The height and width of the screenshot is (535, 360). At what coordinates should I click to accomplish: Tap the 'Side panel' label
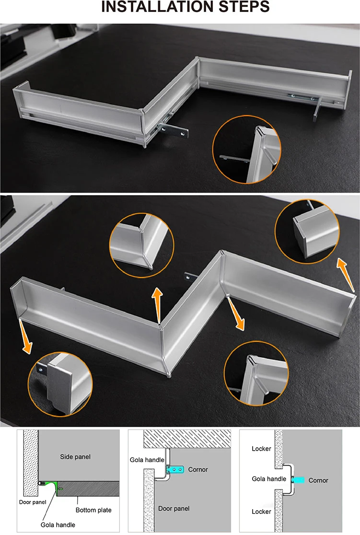(75, 457)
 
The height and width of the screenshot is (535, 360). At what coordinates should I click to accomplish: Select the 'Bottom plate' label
(93, 510)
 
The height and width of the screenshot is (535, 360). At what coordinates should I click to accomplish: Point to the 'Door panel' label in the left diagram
(33, 502)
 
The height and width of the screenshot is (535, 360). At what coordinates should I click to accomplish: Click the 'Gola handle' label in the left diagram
(58, 525)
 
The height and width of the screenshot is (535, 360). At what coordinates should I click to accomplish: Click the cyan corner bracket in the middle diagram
(175, 470)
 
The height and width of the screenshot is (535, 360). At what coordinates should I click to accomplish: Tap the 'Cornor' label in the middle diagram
(198, 470)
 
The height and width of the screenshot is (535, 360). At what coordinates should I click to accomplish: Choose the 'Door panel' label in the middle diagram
(174, 509)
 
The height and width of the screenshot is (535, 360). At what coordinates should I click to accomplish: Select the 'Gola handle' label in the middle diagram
(147, 460)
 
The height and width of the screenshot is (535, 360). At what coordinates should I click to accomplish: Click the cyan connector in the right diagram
(298, 480)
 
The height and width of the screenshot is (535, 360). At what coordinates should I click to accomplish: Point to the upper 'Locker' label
(261, 449)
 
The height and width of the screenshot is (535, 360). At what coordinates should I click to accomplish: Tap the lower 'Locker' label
(261, 512)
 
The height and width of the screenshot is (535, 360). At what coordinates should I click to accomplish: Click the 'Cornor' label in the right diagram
(318, 480)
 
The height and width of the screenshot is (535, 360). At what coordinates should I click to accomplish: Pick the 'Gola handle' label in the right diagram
(269, 479)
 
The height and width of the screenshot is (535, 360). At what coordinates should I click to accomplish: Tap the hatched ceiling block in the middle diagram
(187, 439)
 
